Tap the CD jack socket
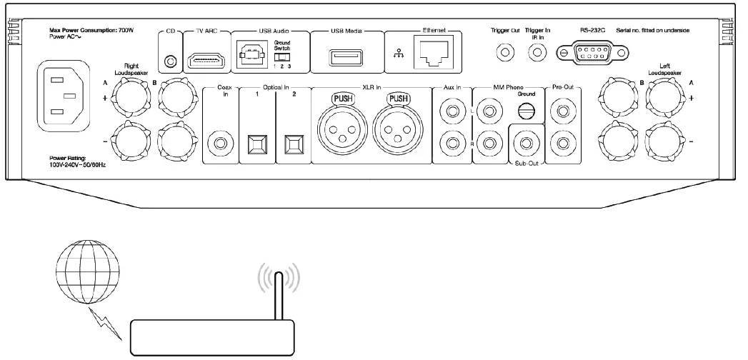point(170,61)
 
